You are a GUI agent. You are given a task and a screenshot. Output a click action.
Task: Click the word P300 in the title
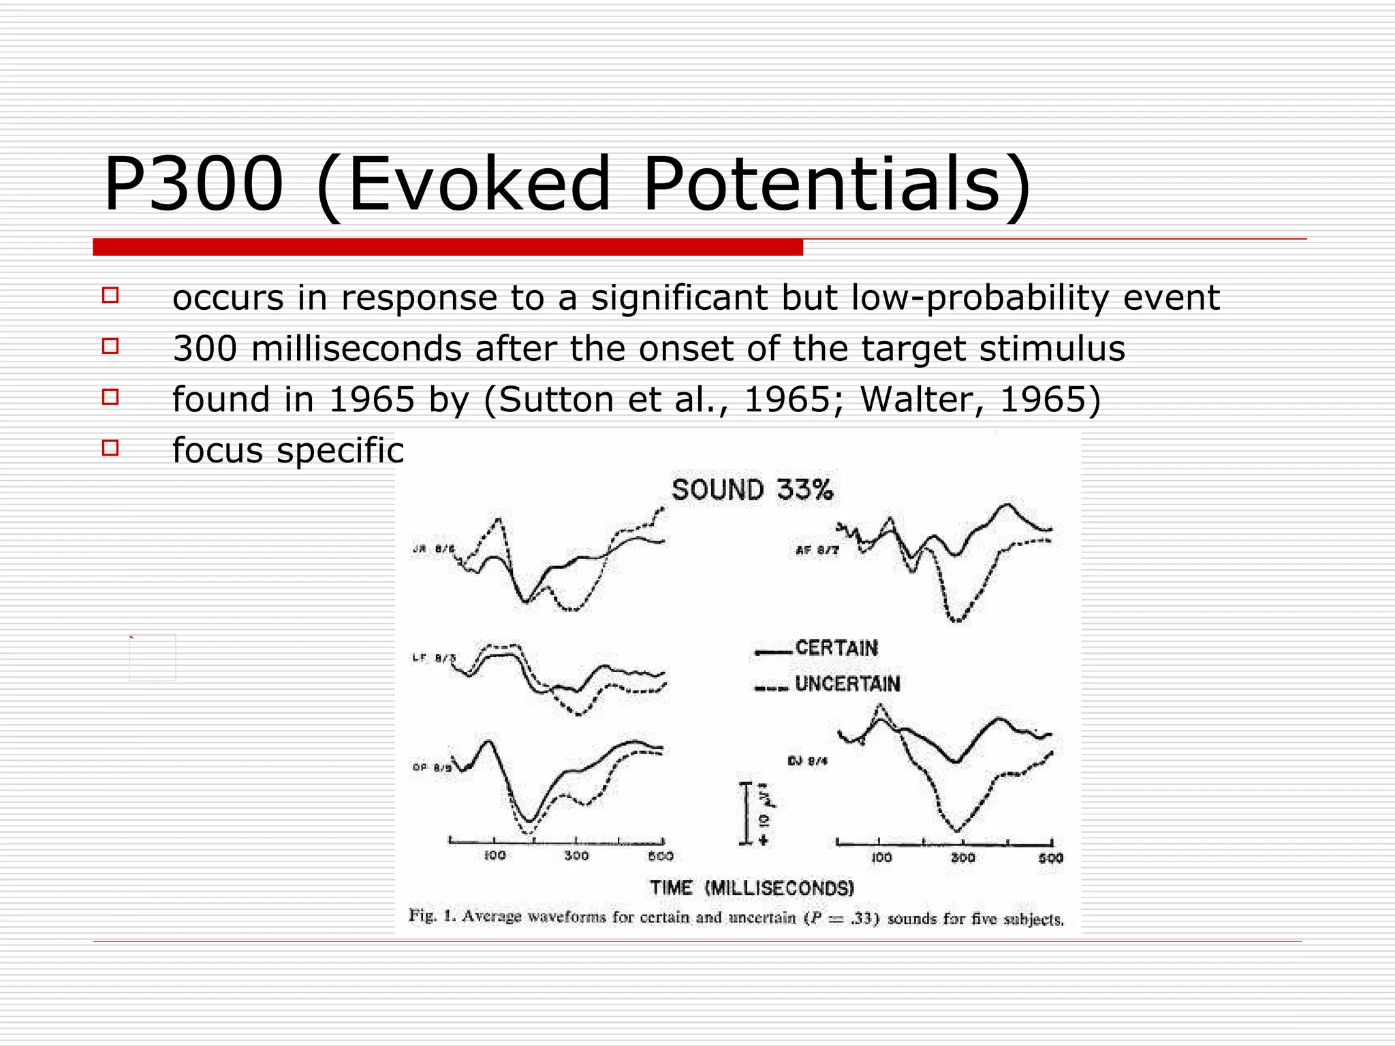(x=193, y=184)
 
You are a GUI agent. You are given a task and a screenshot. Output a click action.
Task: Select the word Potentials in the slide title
(x=836, y=184)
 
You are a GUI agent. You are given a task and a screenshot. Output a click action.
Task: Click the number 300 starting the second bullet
(x=204, y=349)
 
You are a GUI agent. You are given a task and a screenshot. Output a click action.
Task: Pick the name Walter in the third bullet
(x=921, y=399)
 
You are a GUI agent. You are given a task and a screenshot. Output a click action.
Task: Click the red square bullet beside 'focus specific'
(x=110, y=448)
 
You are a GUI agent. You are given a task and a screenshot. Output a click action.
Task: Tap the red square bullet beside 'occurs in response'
(x=110, y=296)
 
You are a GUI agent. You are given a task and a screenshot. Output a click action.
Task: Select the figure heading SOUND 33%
(x=752, y=490)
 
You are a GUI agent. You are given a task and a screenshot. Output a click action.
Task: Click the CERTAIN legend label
(x=836, y=648)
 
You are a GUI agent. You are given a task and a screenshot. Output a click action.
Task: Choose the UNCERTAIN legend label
(x=847, y=684)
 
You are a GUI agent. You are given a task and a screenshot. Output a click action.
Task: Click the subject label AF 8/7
(x=817, y=550)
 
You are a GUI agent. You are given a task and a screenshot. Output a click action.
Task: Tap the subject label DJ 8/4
(x=808, y=761)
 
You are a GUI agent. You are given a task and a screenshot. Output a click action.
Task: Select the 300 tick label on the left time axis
(x=576, y=856)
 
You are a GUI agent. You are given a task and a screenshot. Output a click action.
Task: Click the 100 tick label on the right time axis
(x=881, y=858)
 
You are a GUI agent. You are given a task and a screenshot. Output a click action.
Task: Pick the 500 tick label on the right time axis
(x=1050, y=859)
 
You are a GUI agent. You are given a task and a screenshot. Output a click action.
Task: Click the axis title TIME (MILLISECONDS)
(x=752, y=888)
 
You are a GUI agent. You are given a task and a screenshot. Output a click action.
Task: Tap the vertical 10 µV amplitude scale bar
(x=746, y=814)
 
